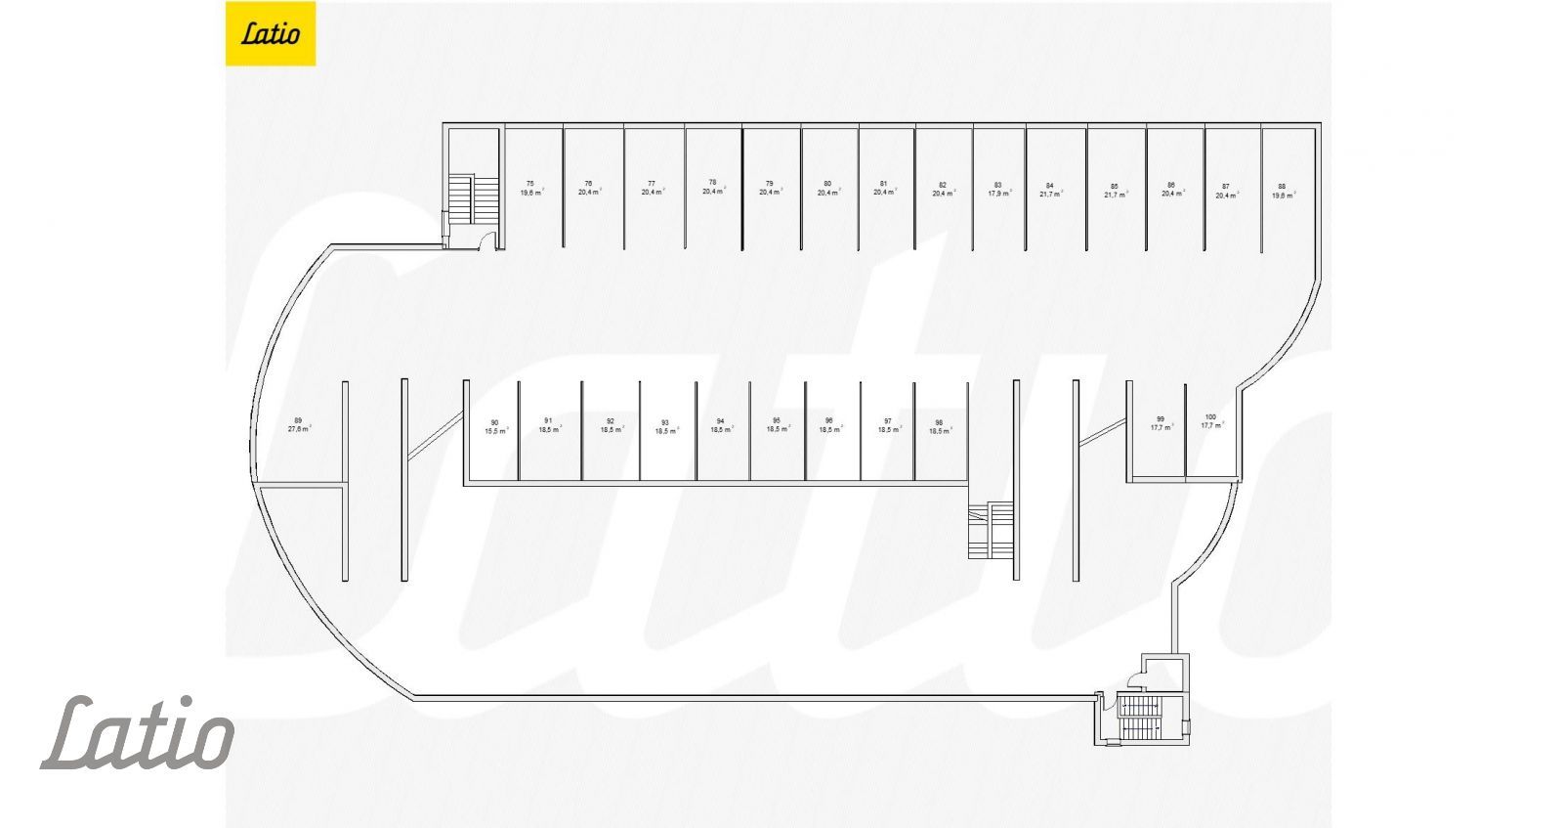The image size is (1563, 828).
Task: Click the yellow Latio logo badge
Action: [x=271, y=34]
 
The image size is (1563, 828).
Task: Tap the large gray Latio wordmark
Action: [x=137, y=732]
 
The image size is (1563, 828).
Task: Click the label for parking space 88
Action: [x=1282, y=186]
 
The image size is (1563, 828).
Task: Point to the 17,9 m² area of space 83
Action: [x=998, y=194]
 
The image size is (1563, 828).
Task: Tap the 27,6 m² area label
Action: [x=299, y=429]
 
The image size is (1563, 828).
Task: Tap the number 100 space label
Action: [x=1211, y=416]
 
